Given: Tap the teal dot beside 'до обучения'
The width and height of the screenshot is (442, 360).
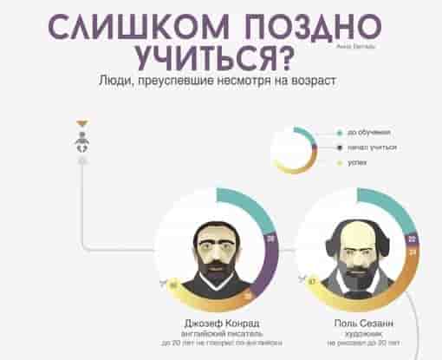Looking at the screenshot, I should pyautogui.click(x=340, y=133).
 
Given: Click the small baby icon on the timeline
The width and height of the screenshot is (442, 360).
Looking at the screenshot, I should pyautogui.click(x=81, y=143).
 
